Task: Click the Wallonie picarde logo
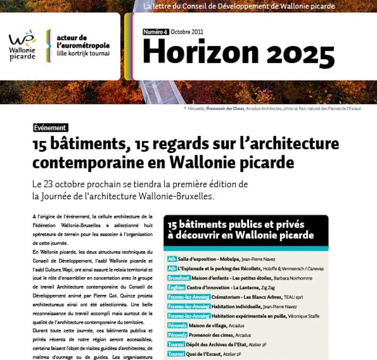click(x=22, y=45)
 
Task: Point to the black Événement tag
click(x=50, y=128)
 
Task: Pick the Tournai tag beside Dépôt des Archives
click(x=175, y=345)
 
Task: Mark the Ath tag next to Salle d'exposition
click(x=172, y=259)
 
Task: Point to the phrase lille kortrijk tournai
click(x=83, y=53)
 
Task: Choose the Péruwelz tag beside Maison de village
click(x=177, y=325)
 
